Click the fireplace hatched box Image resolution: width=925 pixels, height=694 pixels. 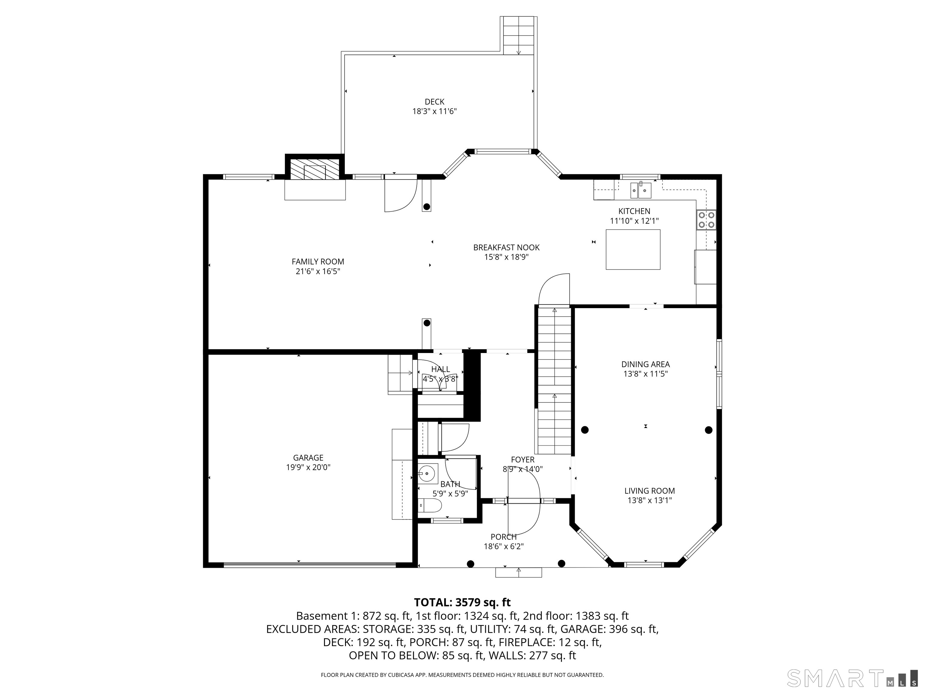[314, 169]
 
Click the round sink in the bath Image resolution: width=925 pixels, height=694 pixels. [427, 474]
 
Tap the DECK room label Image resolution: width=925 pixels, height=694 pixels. [434, 102]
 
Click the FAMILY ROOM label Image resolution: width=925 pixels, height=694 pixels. [318, 261]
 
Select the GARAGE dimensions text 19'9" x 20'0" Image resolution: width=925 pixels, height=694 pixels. [308, 467]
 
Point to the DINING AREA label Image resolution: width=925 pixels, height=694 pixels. [645, 364]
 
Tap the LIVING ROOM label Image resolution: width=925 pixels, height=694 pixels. [649, 491]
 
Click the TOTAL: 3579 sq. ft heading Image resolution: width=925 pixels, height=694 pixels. [462, 602]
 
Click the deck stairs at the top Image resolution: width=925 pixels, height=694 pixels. [519, 36]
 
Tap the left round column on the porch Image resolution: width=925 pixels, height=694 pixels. [470, 564]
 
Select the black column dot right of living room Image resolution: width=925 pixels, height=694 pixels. [709, 430]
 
